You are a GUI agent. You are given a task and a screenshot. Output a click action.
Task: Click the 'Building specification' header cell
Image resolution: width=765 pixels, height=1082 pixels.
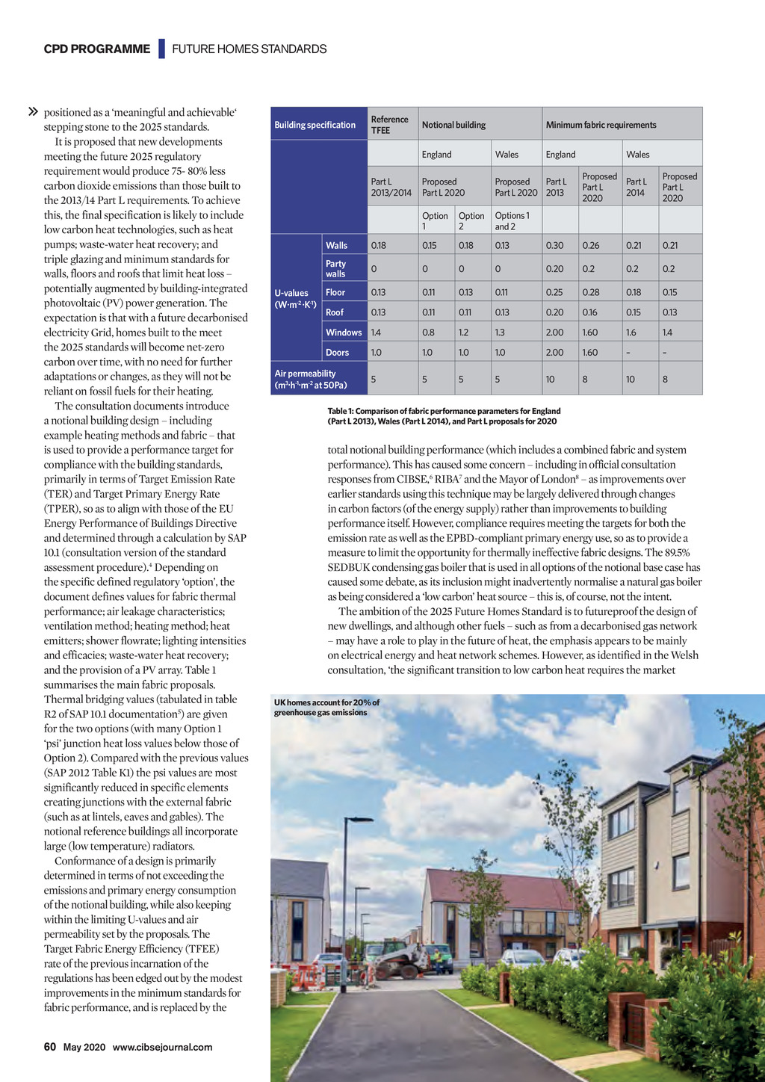(315, 125)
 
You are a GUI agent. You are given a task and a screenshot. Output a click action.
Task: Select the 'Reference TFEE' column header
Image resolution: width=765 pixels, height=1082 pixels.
(390, 125)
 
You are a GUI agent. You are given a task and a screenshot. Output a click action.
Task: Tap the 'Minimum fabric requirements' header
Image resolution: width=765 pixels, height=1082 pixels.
(601, 125)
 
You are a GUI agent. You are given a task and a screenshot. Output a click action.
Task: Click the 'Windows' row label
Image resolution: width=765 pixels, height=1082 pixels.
(344, 333)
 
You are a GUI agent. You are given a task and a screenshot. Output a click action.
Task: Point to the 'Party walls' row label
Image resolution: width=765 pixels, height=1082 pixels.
(336, 269)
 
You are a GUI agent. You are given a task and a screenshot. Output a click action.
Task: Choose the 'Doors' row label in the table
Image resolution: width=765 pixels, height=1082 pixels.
(337, 353)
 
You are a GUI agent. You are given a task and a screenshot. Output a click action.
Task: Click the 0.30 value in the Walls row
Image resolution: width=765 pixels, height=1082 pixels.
(554, 246)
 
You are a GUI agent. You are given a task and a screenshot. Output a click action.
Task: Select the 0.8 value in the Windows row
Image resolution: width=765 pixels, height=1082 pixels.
(428, 333)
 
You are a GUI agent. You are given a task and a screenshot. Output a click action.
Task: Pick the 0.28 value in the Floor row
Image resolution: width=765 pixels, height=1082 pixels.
(590, 293)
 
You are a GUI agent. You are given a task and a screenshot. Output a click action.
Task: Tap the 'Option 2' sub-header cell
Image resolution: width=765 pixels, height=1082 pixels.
(471, 221)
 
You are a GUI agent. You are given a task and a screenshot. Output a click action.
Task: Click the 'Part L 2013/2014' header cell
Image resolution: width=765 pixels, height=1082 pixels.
(391, 187)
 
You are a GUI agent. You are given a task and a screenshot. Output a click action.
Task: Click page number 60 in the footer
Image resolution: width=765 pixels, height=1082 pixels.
(50, 1047)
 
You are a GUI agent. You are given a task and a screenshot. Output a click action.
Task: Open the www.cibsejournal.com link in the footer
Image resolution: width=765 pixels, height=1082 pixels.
(162, 1048)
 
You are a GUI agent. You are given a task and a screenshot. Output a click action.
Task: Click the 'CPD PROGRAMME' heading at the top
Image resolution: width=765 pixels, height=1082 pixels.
(97, 49)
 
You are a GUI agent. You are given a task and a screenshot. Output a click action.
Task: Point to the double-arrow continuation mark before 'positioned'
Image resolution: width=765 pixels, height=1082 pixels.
(33, 113)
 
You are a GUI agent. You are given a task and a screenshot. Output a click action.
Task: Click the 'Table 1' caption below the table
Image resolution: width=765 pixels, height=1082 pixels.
(444, 416)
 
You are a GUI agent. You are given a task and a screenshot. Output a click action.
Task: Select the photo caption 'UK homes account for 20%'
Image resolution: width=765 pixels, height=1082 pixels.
(326, 707)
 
